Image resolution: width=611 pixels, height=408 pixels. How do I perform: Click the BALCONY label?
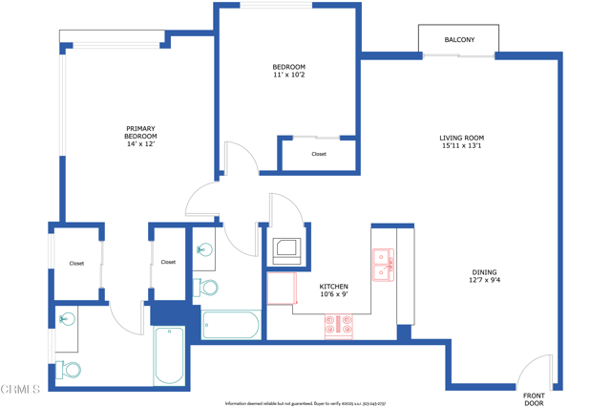click(458, 40)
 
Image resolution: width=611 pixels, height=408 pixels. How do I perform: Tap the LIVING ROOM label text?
click(462, 139)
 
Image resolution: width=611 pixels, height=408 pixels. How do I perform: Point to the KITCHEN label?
click(333, 287)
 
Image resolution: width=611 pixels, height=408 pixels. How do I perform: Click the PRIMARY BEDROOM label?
click(140, 129)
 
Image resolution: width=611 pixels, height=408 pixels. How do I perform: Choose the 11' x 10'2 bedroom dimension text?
click(288, 75)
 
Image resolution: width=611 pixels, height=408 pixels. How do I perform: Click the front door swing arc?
click(537, 371)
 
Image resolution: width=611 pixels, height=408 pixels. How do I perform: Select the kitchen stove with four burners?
click(338, 327)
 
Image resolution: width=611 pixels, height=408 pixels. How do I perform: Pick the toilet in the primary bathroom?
click(68, 370)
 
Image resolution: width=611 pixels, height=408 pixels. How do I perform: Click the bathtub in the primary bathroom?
click(169, 354)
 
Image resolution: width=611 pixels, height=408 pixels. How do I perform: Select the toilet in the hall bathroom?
click(206, 287)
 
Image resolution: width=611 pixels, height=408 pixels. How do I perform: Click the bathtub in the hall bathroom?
click(230, 325)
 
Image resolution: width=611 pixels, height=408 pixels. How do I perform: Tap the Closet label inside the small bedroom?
click(319, 154)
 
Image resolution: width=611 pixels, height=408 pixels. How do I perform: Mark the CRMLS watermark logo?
click(21, 389)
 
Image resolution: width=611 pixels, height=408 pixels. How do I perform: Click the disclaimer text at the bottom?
click(305, 403)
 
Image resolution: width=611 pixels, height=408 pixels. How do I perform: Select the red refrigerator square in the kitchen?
click(281, 288)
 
